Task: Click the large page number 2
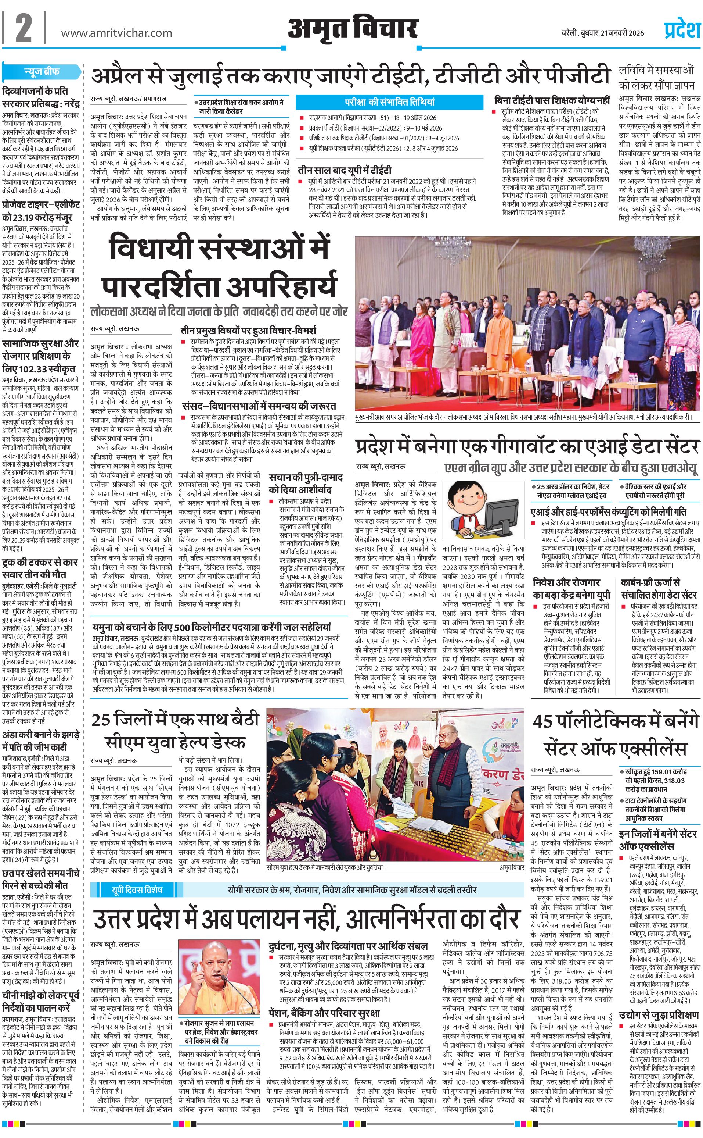coord(23,29)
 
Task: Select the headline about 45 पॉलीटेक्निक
coord(616,735)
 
